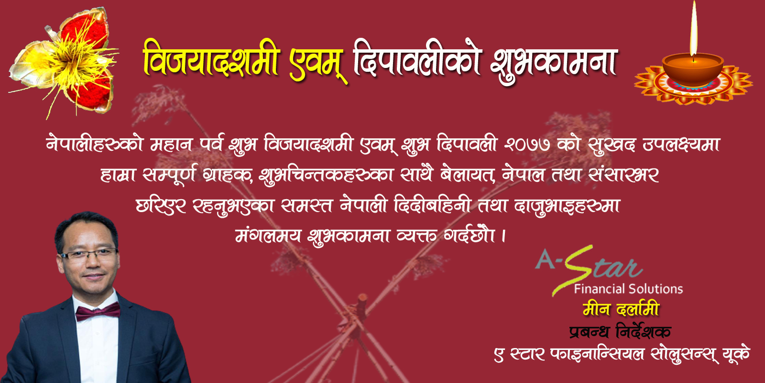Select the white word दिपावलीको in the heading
pos(417,60)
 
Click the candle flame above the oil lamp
pos(693,31)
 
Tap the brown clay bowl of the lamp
pos(693,70)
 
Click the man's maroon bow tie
pos(98,312)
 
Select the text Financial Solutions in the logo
pos(628,289)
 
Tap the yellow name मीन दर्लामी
pos(621,309)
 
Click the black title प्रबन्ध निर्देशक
pos(620,332)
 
